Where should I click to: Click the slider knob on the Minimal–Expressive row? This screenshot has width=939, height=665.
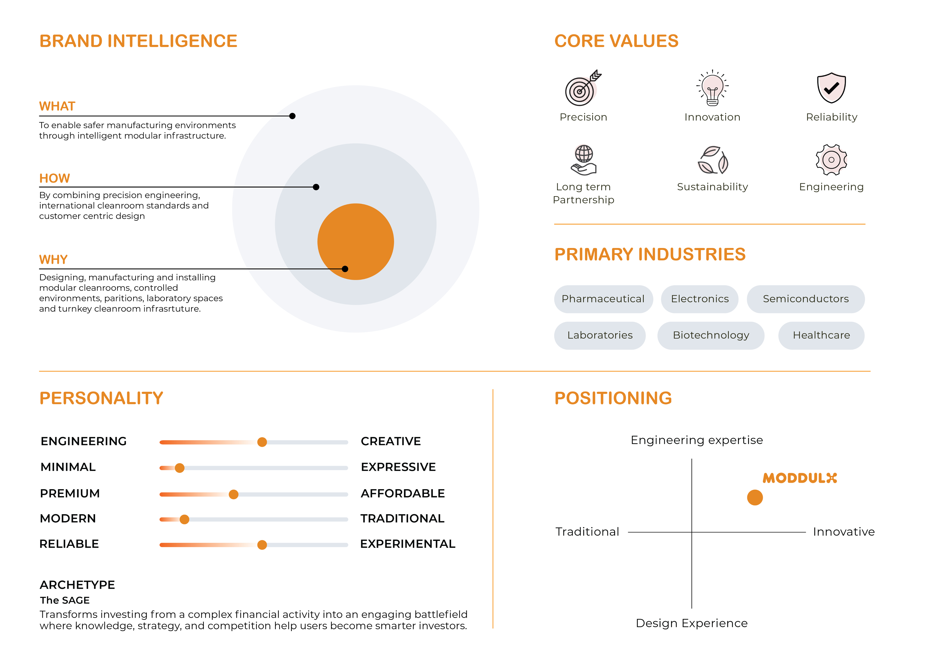click(179, 468)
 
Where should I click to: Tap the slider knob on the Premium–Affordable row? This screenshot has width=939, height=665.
click(233, 494)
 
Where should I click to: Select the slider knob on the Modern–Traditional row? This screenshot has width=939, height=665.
click(184, 519)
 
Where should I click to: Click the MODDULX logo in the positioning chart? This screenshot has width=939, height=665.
click(799, 478)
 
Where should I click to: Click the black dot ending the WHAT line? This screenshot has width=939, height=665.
click(292, 116)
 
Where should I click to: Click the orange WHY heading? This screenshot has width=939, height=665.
click(53, 260)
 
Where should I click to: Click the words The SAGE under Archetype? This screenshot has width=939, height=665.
click(65, 600)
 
